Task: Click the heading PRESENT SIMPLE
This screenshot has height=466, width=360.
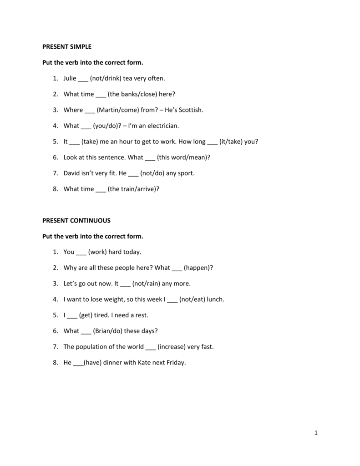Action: [x=67, y=46]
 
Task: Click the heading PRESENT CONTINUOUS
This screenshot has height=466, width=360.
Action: [x=76, y=220]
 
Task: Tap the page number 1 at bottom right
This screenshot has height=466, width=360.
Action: [x=315, y=433]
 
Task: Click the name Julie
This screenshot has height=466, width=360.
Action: [x=70, y=78]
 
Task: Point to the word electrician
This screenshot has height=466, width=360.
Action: [x=160, y=126]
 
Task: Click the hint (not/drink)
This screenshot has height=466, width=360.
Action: [x=106, y=78]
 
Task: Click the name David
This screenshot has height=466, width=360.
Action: [x=72, y=173]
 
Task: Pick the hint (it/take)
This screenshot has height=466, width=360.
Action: [x=230, y=142]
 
